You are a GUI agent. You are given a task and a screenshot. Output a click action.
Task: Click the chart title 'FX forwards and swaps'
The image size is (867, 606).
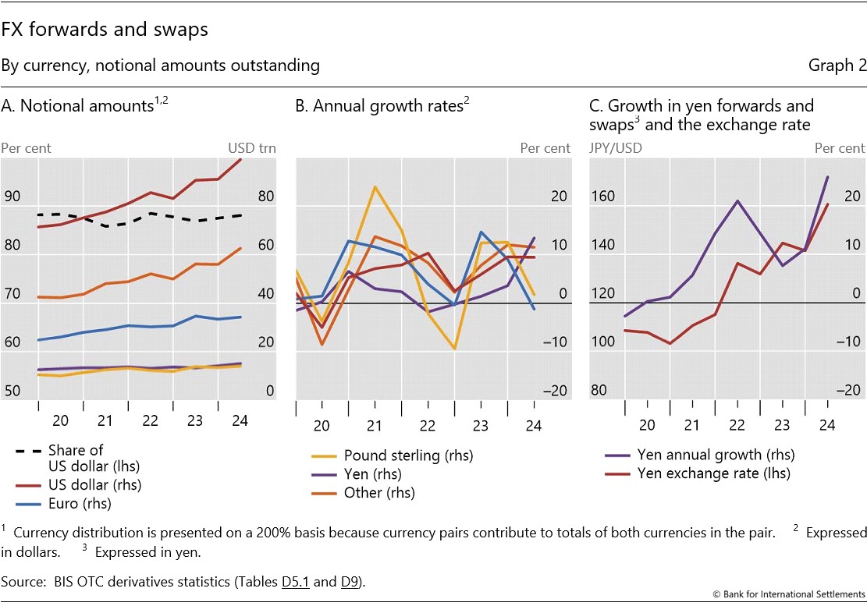[x=104, y=30]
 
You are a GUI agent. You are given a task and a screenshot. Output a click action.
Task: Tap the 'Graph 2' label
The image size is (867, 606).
[x=837, y=66]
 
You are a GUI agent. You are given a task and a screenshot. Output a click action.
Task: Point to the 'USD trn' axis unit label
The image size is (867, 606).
[x=251, y=148]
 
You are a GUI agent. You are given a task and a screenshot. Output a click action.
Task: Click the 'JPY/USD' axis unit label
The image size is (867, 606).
[x=616, y=148]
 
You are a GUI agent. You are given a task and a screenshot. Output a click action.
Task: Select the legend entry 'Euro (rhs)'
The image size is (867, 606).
[x=80, y=503]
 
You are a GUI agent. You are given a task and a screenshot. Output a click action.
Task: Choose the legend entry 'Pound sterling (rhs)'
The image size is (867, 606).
[x=408, y=455]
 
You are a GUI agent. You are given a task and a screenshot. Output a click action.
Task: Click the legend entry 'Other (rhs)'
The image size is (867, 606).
[x=378, y=493]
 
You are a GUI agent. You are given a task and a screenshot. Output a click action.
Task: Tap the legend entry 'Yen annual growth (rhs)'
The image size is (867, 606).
[x=716, y=455]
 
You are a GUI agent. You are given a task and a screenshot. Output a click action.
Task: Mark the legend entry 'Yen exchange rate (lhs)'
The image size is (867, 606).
[x=713, y=473]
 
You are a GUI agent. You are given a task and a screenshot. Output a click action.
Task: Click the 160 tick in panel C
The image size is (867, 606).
[x=603, y=197]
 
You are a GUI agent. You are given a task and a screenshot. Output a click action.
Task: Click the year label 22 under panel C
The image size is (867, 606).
[x=737, y=425]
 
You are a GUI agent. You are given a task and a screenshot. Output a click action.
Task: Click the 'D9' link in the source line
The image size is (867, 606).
[x=349, y=581]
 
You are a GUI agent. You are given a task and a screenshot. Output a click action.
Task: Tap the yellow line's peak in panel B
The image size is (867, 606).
[x=375, y=187]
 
